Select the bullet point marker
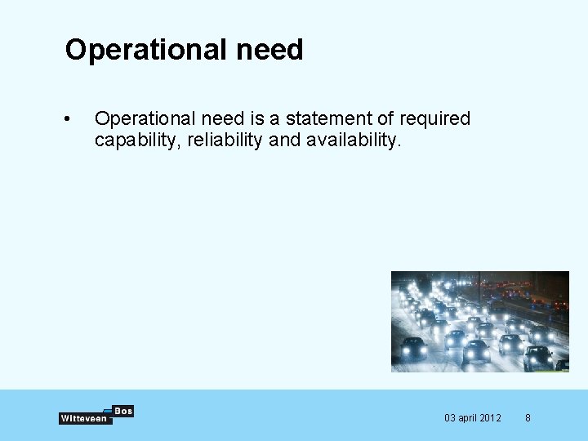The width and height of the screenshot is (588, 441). tap(68, 119)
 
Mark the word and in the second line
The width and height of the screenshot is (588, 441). tap(285, 140)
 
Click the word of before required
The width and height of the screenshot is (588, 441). tap(385, 118)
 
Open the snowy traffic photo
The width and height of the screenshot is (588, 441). tap(479, 321)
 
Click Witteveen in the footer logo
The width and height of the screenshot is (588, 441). tap(83, 418)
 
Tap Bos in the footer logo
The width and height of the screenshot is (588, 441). tap(123, 411)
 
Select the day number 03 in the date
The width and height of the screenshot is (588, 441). tap(450, 418)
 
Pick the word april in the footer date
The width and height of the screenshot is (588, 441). tap(469, 418)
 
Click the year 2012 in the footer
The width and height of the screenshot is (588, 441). tap(492, 418)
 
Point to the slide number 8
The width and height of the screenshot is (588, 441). tap(528, 418)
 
